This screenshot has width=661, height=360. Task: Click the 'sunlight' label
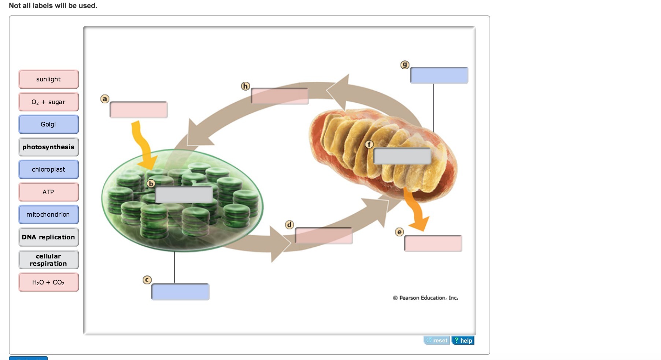(x=48, y=79)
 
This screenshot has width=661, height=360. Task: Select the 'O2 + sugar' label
(x=48, y=102)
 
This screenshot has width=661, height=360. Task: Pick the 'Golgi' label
(x=48, y=124)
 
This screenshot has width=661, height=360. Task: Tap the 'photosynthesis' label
(x=48, y=147)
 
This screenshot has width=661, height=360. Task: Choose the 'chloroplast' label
(x=48, y=169)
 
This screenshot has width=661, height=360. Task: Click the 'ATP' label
(x=48, y=192)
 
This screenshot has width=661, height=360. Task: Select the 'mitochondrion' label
(x=48, y=214)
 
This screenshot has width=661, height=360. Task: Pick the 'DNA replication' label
(x=48, y=237)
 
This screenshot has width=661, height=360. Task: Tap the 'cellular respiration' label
(x=48, y=260)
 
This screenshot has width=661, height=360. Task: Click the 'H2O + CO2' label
(x=48, y=282)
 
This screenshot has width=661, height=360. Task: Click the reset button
(x=437, y=341)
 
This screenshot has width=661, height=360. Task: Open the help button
(x=463, y=341)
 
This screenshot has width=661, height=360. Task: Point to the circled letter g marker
(x=405, y=65)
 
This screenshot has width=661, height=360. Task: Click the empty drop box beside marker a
(x=139, y=110)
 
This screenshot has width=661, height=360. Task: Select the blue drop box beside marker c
(x=180, y=292)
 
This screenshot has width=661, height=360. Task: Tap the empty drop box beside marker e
(x=433, y=243)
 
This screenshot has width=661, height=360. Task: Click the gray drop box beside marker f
(x=402, y=156)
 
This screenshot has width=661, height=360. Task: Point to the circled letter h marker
(x=245, y=86)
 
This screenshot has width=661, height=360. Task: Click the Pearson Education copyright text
(x=425, y=298)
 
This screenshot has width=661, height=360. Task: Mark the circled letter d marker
(x=289, y=224)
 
